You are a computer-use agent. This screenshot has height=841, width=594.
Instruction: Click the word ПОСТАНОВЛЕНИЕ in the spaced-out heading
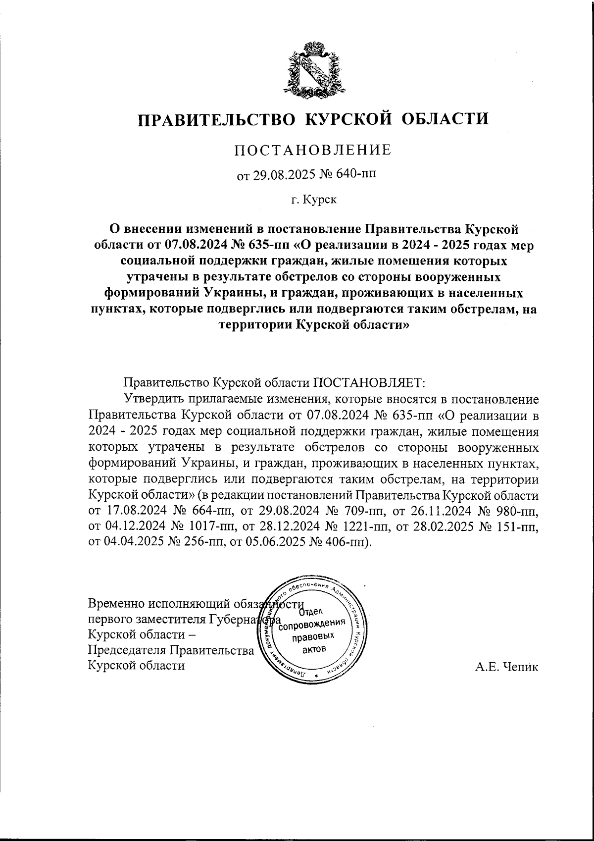pyautogui.click(x=312, y=150)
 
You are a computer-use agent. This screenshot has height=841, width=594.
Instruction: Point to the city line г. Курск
pyautogui.click(x=313, y=200)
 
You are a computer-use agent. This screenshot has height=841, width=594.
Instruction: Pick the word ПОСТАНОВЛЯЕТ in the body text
pyautogui.click(x=369, y=383)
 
